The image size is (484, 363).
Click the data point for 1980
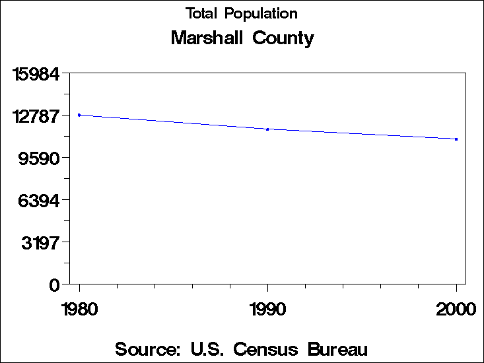pyautogui.click(x=79, y=115)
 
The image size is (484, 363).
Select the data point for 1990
pyautogui.click(x=267, y=129)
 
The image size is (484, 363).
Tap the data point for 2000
pyautogui.click(x=456, y=139)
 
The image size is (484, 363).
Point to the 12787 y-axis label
pyautogui.click(x=38, y=115)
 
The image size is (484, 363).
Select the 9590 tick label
pyautogui.click(x=41, y=158)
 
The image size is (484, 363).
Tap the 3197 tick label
pyautogui.click(x=41, y=242)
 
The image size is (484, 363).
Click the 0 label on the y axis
pyautogui.click(x=55, y=284)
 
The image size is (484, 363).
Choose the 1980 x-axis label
pyautogui.click(x=79, y=309)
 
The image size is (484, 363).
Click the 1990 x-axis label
pyautogui.click(x=267, y=309)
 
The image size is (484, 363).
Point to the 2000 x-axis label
pyautogui.click(x=456, y=309)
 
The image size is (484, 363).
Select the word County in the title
pyautogui.click(x=283, y=38)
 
